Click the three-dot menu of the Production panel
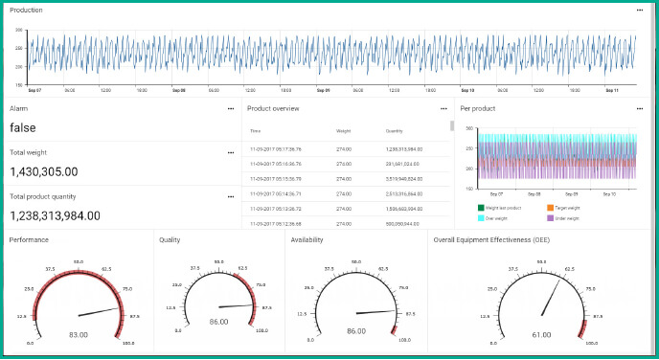[639, 10]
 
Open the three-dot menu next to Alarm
[230, 108]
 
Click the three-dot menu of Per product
[639, 108]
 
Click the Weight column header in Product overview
[343, 130]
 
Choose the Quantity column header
[394, 130]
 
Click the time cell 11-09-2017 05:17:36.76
[276, 149]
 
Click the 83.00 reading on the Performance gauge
[79, 335]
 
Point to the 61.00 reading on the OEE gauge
[542, 335]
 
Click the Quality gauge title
[170, 240]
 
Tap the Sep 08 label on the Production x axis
[179, 91]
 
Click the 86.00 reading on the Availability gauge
[356, 330]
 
